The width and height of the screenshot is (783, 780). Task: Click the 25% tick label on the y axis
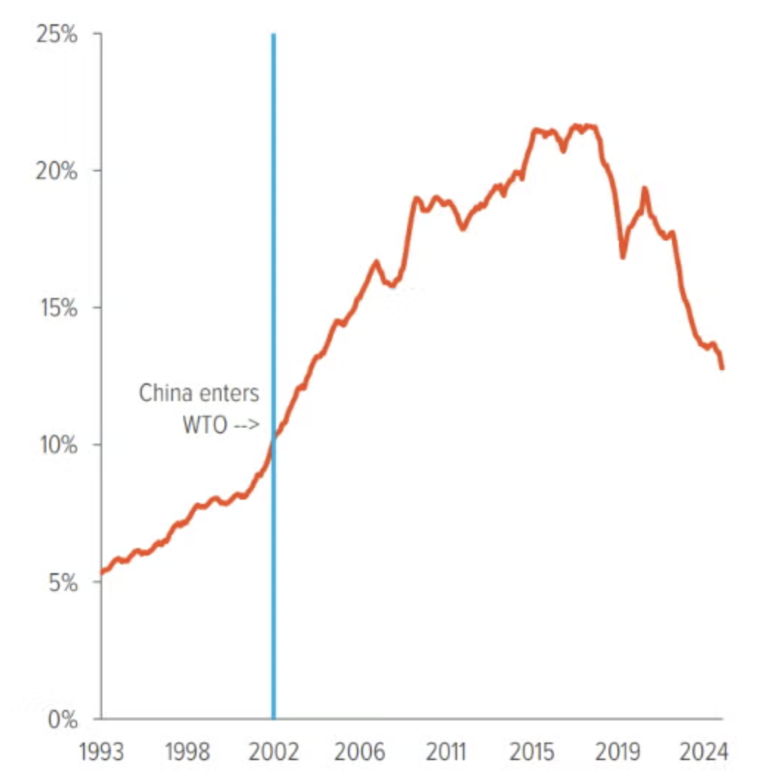tap(56, 35)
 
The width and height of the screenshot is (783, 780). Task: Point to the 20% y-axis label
tap(56, 171)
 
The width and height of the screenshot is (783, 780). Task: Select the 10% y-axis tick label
tap(57, 445)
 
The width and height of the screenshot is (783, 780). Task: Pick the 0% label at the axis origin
tap(61, 719)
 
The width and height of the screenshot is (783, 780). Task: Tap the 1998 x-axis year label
tap(188, 754)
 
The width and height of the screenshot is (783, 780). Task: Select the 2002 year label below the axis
tap(273, 754)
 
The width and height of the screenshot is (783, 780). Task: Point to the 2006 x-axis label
tap(361, 754)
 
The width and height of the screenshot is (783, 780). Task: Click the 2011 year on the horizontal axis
tap(446, 754)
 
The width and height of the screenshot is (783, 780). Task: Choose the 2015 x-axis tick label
tap(533, 754)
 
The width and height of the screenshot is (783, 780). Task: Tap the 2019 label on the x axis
tap(618, 754)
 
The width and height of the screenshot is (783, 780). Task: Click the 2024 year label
tap(704, 754)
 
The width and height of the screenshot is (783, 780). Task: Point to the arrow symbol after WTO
tap(247, 427)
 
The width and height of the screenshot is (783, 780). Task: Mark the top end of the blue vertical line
tap(274, 35)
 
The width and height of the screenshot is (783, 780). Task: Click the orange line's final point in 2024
tap(722, 367)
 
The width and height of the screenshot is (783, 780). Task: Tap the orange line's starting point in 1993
tap(102, 572)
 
